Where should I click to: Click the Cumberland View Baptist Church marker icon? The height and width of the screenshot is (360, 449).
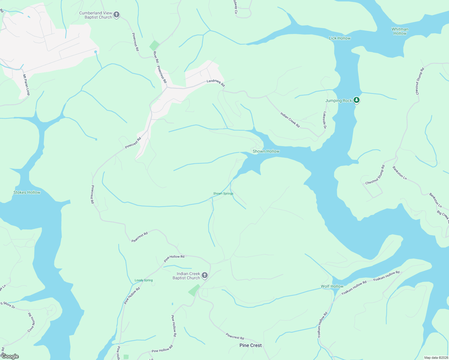tap(116, 14)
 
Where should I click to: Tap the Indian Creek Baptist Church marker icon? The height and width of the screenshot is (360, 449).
tap(204, 275)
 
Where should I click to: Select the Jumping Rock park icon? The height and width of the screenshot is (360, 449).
tap(356, 100)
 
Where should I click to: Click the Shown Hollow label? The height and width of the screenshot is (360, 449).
tap(266, 151)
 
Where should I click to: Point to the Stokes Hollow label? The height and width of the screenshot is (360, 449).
tap(27, 193)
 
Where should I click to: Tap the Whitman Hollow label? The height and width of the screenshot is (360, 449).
tap(400, 31)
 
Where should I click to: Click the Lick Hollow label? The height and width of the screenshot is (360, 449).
tap(339, 38)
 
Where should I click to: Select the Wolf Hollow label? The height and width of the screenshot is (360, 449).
tap(332, 286)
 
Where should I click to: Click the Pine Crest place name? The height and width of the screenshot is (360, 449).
tap(250, 345)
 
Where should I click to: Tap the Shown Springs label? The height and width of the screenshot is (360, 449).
tap(223, 193)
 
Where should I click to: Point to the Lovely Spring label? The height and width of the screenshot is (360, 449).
tap(143, 280)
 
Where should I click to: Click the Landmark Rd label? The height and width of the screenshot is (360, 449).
tap(216, 83)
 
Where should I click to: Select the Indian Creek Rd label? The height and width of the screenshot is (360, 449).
tap(290, 120)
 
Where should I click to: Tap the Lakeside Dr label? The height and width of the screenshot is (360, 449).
tap(325, 120)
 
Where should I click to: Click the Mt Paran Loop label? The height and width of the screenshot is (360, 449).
tap(26, 85)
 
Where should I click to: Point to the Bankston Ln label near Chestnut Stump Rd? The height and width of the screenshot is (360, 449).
tap(399, 173)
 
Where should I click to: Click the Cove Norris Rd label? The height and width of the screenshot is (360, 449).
tap(31, 322)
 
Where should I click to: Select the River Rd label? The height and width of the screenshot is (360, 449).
tap(156, 57)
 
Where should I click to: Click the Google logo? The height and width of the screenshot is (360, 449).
tap(10, 356)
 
